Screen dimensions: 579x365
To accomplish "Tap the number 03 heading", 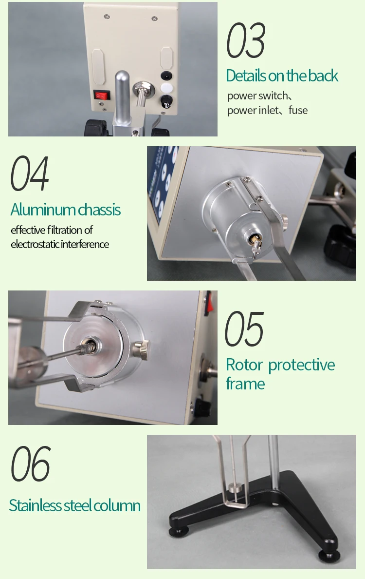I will click(246, 41).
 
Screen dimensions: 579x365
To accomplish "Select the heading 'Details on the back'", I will click(282, 76).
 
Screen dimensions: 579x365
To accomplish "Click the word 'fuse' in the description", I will click(298, 110).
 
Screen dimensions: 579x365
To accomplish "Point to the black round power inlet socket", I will click(166, 76).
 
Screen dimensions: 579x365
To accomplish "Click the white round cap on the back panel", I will click(166, 89).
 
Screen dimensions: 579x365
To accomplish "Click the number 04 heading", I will click(30, 174).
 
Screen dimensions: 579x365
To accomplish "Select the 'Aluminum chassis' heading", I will click(65, 210).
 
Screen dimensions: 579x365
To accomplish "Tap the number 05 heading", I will click(244, 329).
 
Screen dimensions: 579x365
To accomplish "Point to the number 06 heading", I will click(30, 463).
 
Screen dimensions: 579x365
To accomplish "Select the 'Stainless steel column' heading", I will click(75, 505).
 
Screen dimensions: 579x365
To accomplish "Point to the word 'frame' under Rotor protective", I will click(245, 384).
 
